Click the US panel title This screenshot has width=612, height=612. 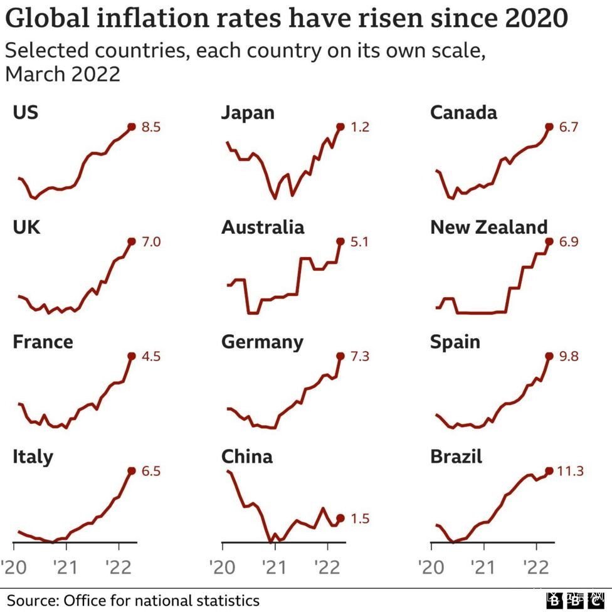pyautogui.click(x=25, y=112)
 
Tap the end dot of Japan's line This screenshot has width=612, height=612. pyautogui.click(x=340, y=127)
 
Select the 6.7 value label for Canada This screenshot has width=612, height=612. pyautogui.click(x=567, y=127)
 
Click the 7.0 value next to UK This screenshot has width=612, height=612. pyautogui.click(x=150, y=241)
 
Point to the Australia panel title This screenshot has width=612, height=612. pyautogui.click(x=263, y=227)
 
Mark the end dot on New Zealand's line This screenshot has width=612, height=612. pyautogui.click(x=549, y=241)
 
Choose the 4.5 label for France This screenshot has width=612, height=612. pyautogui.click(x=150, y=356)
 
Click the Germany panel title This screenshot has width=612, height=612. pyautogui.click(x=262, y=342)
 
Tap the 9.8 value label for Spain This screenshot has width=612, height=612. pyautogui.click(x=568, y=356)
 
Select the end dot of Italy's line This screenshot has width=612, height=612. pyautogui.click(x=132, y=471)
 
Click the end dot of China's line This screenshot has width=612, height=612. pyautogui.click(x=340, y=518)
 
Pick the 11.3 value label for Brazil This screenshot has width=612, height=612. pyautogui.click(x=571, y=471)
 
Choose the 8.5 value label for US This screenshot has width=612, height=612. pyautogui.click(x=150, y=127)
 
